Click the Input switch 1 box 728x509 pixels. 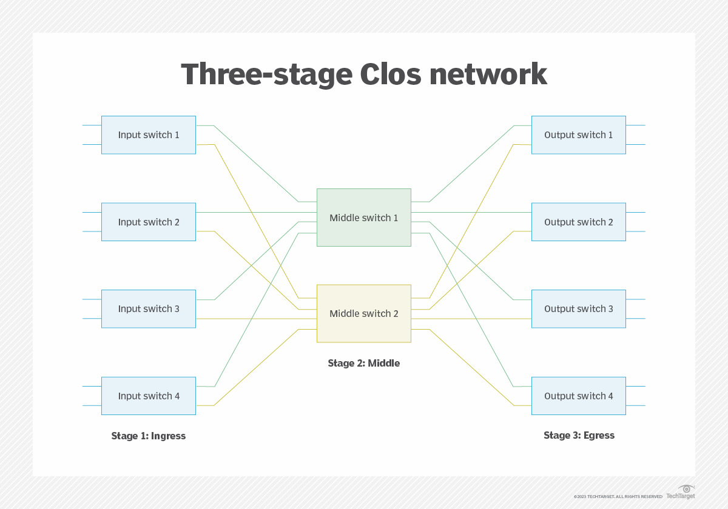click(x=149, y=135)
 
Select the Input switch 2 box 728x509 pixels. click(x=149, y=222)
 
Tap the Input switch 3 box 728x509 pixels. click(x=149, y=309)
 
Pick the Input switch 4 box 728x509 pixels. click(x=149, y=396)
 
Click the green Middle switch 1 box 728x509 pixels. click(x=363, y=218)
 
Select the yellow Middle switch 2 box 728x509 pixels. click(x=363, y=313)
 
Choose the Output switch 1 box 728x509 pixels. click(x=578, y=135)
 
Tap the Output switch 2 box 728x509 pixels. click(x=578, y=222)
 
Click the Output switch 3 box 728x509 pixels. click(x=578, y=309)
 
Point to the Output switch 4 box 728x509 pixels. click(x=578, y=396)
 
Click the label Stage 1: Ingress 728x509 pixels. click(x=149, y=436)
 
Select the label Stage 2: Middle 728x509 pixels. click(x=363, y=364)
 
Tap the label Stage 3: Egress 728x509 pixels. click(x=579, y=435)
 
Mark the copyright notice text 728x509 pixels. click(x=618, y=497)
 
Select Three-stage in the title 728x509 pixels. click(x=266, y=75)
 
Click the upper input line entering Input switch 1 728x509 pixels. click(x=92, y=125)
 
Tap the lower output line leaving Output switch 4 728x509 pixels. click(x=635, y=405)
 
